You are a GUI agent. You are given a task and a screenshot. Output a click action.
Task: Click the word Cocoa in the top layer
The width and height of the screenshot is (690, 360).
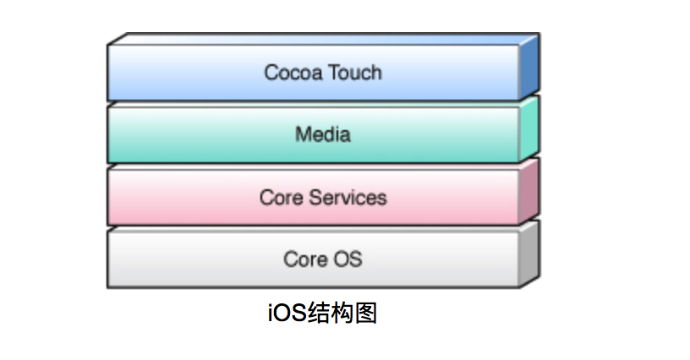pos(293,73)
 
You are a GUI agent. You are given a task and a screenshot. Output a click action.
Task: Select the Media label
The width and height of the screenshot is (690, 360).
pos(322,134)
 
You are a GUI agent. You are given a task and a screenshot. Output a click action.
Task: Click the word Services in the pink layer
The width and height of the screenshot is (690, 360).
pos(348,198)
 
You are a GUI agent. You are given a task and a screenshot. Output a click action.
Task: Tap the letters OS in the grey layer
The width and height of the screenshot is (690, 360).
pos(348,259)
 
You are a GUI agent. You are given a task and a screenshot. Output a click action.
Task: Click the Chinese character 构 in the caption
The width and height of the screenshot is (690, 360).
pos(342,313)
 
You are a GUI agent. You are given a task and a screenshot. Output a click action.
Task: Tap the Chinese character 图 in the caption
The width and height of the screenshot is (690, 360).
pos(365,313)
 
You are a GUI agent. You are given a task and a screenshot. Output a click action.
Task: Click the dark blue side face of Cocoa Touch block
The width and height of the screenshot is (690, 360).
pos(529,67)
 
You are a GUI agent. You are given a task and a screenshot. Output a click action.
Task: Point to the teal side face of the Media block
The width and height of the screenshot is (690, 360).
pos(529,129)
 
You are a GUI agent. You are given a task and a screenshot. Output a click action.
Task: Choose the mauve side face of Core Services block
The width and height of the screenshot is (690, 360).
pos(529,192)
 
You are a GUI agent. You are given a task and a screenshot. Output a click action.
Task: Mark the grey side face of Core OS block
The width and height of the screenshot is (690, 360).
pos(529,254)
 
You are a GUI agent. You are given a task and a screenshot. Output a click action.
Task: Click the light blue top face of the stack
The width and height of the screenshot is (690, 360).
pos(323,39)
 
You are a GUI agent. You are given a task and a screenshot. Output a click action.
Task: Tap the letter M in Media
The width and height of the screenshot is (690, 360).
pos(303,134)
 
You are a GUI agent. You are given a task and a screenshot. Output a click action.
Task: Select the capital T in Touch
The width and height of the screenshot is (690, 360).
pos(335,73)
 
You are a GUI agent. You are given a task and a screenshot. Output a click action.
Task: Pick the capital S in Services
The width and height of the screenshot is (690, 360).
pos(315,198)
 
